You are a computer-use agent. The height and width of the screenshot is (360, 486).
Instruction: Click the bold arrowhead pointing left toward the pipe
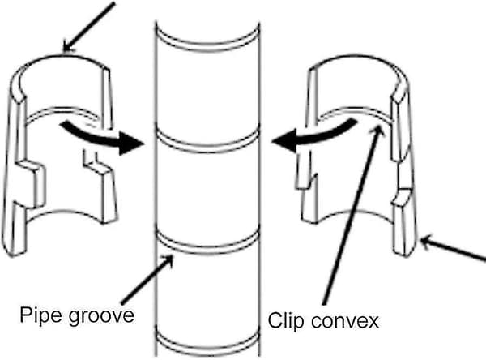click(284, 140)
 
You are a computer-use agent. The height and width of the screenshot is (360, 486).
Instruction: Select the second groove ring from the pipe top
click(207, 144)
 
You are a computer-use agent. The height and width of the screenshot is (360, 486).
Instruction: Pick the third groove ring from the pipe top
click(207, 246)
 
